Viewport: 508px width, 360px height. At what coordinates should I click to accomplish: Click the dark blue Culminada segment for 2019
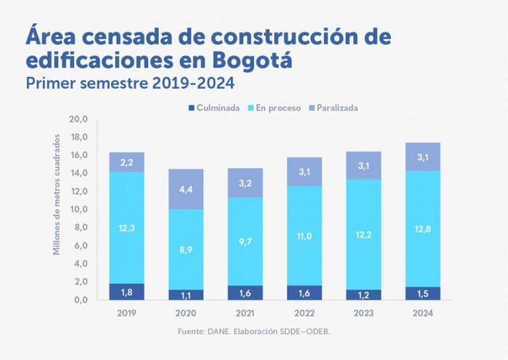tap(127, 292)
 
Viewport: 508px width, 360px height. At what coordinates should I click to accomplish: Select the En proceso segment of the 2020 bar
tap(186, 249)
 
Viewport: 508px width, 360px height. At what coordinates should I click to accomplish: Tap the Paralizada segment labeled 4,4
tap(186, 189)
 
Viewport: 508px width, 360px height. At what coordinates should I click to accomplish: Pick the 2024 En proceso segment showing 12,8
tap(423, 228)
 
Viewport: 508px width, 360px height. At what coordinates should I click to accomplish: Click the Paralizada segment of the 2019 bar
tap(127, 162)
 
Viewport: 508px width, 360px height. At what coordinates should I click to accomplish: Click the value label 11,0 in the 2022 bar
tap(304, 236)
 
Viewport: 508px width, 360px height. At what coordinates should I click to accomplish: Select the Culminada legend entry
tap(214, 108)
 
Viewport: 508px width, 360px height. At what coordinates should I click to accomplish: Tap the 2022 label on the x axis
tap(304, 313)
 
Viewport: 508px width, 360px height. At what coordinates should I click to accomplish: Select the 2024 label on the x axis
tap(423, 313)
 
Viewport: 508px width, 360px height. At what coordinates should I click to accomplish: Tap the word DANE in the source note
tap(213, 331)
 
